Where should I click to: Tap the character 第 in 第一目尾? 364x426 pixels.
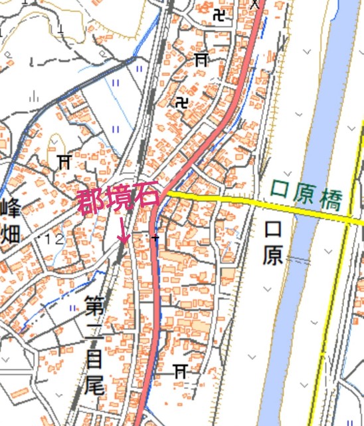pos(94,308)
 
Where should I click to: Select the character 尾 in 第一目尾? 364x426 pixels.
pos(94,385)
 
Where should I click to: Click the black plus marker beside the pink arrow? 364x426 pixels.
pos(155,238)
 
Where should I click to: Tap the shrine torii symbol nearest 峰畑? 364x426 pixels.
pos(64,160)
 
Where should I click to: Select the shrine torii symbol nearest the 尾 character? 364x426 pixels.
pos(179,369)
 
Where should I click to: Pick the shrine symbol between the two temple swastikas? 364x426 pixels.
pos(201,59)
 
